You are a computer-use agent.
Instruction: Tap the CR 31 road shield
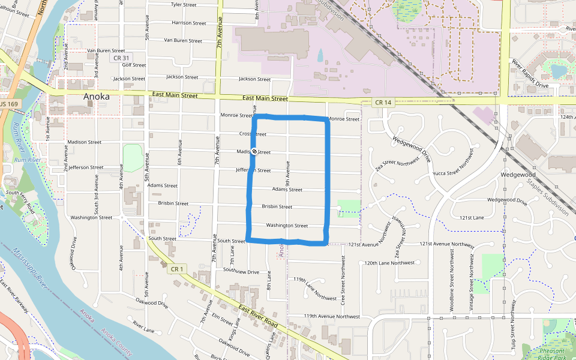pos(121,58)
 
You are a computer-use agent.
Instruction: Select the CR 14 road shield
pos(383,103)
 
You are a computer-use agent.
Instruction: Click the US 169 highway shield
pos(8,104)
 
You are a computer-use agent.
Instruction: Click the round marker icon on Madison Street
pos(254,152)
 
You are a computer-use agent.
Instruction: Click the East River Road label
pos(258,316)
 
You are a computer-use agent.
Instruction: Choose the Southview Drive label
pos(241,272)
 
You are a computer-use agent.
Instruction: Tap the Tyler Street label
pos(184,4)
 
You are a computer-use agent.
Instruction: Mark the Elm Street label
pos(222,322)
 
